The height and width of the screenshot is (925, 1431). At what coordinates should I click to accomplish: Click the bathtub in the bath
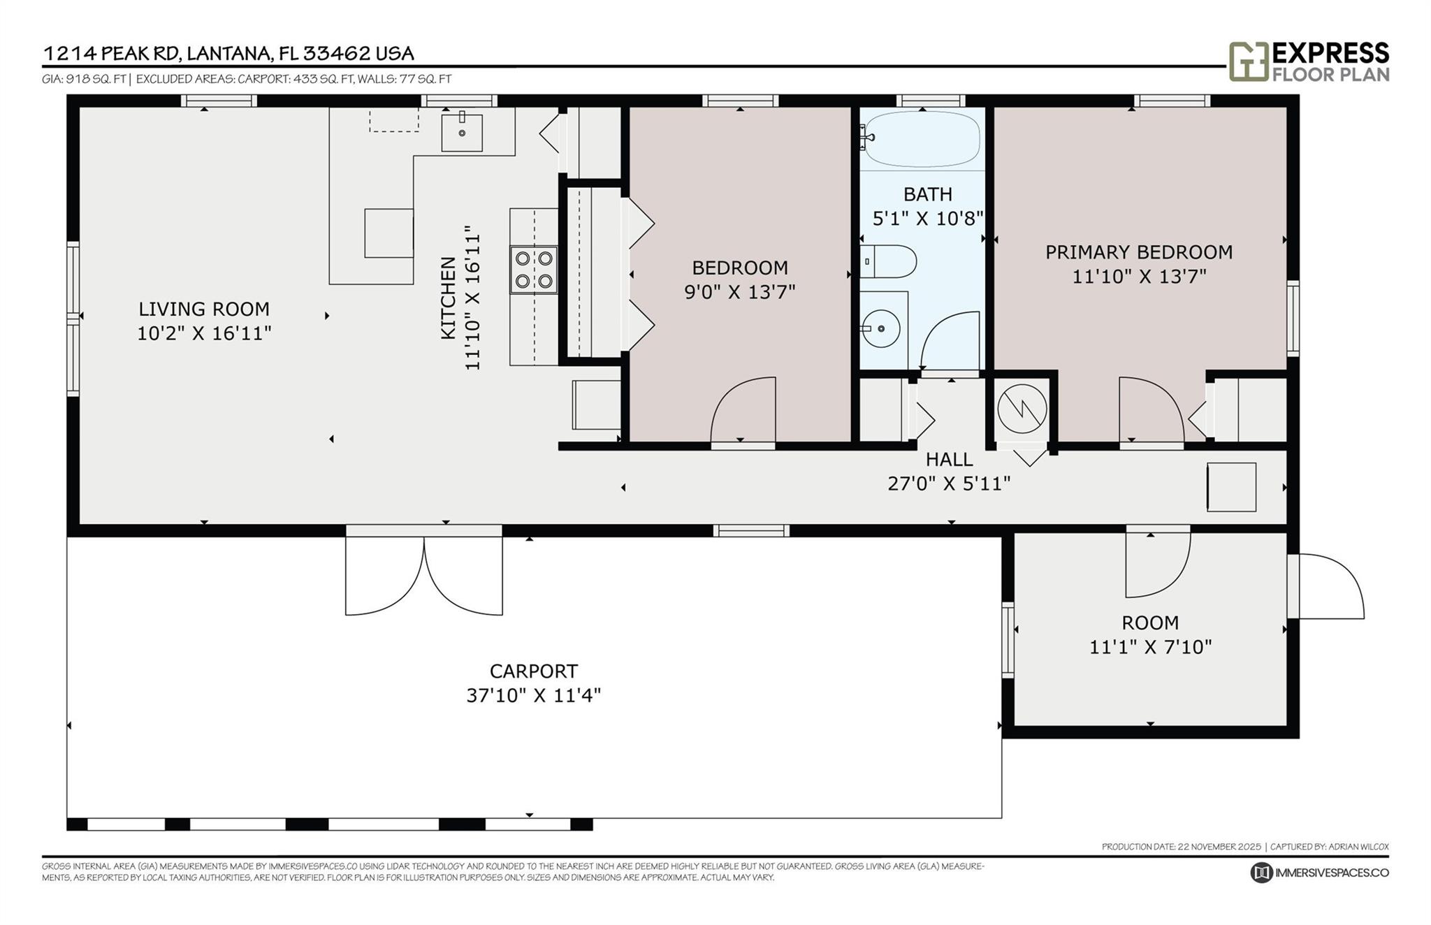tap(922, 139)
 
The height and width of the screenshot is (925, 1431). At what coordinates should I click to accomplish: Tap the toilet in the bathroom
tap(889, 262)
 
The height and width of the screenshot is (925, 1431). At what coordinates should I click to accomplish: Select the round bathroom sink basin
tap(880, 328)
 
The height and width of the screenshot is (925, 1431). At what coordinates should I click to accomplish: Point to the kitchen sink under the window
tap(462, 132)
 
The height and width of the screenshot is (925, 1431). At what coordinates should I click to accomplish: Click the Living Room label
tap(203, 309)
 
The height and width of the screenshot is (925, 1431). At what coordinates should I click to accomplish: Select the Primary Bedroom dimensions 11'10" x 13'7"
tap(1139, 277)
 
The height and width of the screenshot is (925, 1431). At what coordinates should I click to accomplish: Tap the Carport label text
tap(533, 671)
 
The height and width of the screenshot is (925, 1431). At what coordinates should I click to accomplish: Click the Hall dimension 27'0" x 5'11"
tap(948, 483)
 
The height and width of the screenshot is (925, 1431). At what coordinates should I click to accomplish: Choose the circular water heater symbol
tap(1022, 409)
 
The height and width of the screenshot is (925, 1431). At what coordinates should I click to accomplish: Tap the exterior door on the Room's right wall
tap(1326, 587)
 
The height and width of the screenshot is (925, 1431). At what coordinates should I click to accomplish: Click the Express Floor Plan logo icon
tap(1248, 61)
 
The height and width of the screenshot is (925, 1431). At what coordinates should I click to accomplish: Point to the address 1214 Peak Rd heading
tap(228, 54)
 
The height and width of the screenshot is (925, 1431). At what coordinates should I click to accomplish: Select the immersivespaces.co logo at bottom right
tap(1319, 873)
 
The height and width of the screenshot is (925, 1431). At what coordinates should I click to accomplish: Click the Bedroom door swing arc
tap(743, 410)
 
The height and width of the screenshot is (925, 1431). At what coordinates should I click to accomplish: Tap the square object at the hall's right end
tap(1231, 487)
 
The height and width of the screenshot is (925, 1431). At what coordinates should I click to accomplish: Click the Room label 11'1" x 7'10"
tap(1150, 647)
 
